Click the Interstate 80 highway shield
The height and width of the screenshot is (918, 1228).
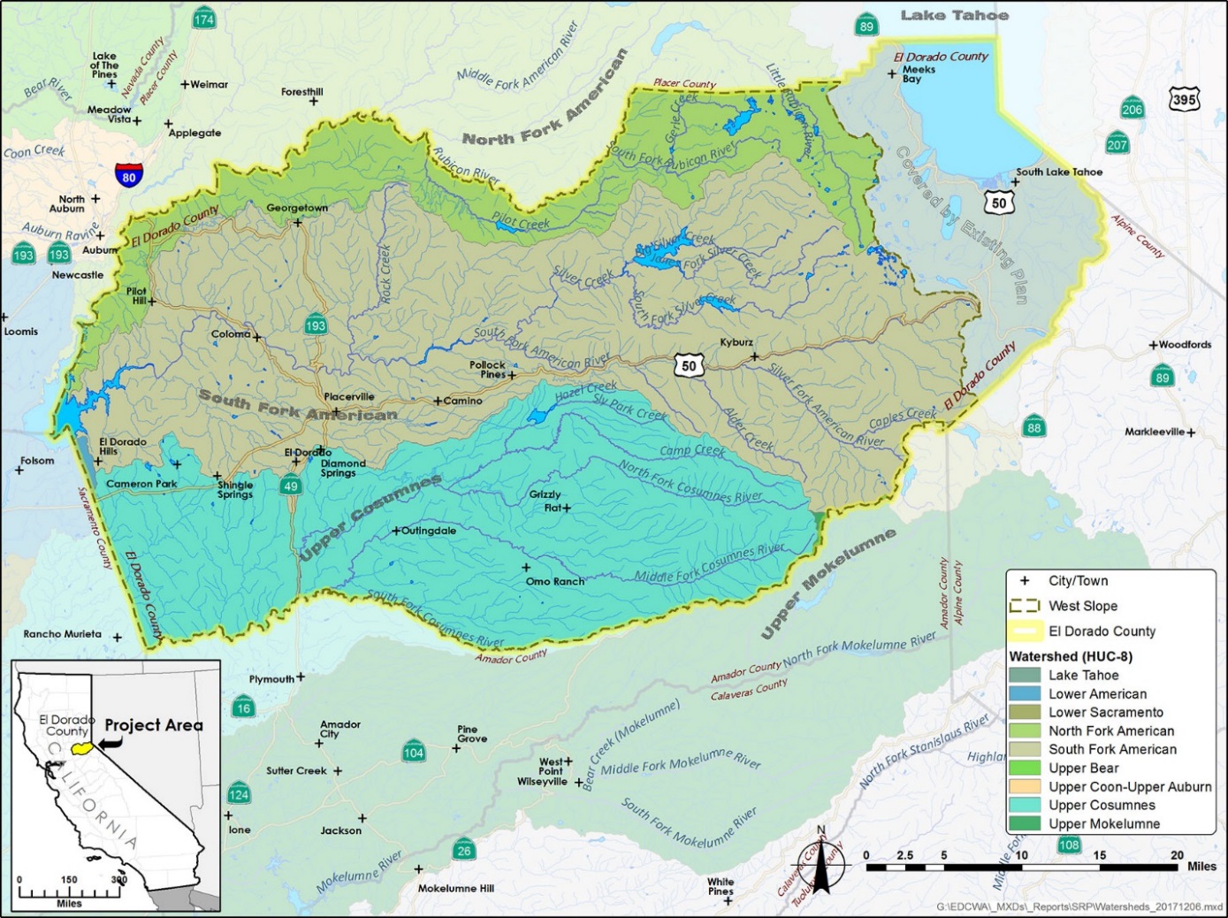129,174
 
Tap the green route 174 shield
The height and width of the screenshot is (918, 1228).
204,19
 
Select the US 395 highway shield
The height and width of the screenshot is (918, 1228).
1184,99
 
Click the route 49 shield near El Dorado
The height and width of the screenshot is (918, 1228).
291,485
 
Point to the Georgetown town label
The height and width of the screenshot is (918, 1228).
297,208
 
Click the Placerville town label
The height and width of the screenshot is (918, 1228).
349,397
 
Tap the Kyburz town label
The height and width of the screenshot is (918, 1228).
736,342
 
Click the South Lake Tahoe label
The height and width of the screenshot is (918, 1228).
1059,172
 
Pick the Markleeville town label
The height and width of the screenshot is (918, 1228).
1155,432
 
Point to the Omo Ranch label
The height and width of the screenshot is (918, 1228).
555,581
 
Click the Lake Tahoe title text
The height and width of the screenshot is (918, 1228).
954,15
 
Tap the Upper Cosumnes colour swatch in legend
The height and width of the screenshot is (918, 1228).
1025,805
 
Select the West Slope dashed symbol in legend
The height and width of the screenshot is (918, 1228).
1025,606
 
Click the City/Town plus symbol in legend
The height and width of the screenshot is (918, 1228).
1025,581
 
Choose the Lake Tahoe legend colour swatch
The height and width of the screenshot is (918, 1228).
1025,675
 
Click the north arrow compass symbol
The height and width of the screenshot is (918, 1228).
821,862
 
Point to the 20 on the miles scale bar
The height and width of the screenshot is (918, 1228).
1177,855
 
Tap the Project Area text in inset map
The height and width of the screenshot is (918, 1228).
154,725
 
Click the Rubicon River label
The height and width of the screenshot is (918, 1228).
466,164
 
